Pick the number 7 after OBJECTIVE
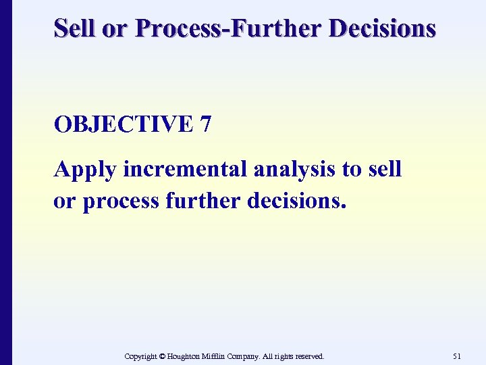click(205, 125)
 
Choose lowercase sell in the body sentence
click(386, 170)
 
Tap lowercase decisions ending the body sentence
click(291, 202)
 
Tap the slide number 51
click(456, 356)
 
